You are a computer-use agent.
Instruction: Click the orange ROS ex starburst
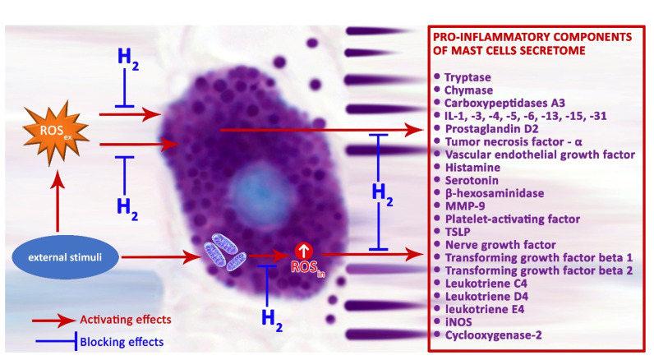(56, 132)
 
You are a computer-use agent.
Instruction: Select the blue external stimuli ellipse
(65, 257)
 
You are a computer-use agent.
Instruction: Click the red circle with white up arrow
(304, 251)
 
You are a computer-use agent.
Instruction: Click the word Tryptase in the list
(467, 77)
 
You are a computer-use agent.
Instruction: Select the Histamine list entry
(472, 168)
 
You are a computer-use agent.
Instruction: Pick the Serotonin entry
(472, 180)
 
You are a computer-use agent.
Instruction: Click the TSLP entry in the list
(458, 232)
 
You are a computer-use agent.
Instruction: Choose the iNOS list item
(458, 322)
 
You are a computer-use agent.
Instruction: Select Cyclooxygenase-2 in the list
(494, 335)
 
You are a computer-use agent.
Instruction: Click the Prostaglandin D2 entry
(492, 129)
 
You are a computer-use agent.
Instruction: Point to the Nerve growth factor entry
(500, 245)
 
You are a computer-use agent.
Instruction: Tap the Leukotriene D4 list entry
(486, 296)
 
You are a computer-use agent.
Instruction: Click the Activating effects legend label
(126, 320)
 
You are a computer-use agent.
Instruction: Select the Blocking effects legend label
(122, 342)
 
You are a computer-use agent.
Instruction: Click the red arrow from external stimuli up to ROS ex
(58, 201)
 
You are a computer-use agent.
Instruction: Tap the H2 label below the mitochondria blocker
(272, 319)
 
